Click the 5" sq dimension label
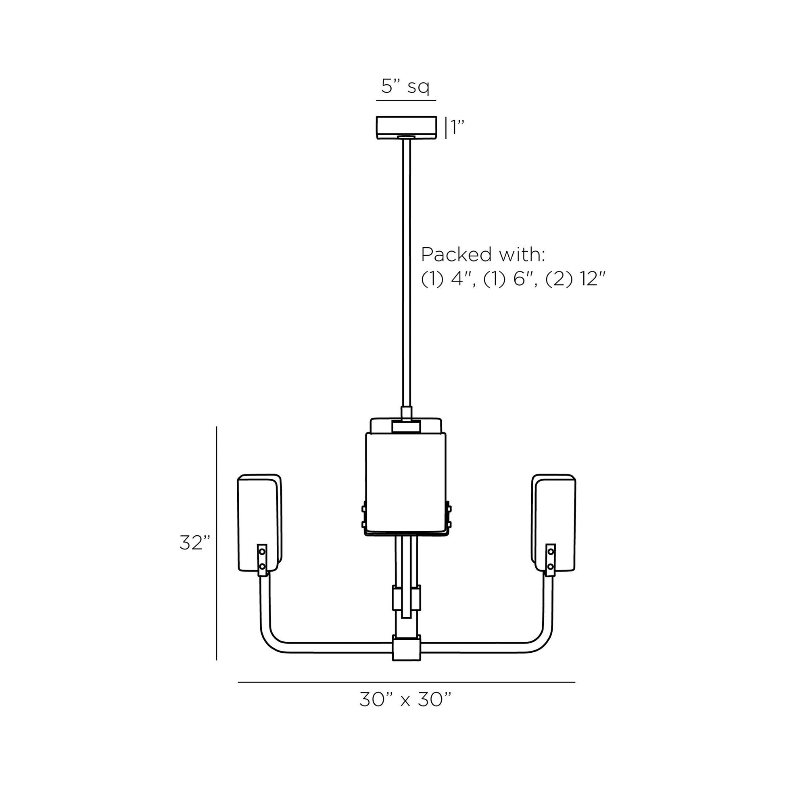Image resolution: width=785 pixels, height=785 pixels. click(405, 87)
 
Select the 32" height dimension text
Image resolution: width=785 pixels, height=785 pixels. click(195, 543)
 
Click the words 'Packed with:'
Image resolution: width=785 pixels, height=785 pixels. click(483, 255)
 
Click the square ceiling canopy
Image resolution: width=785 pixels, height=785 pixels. click(406, 127)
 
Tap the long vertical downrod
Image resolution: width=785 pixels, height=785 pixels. click(406, 272)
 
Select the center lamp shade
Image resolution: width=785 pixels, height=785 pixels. click(405, 484)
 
